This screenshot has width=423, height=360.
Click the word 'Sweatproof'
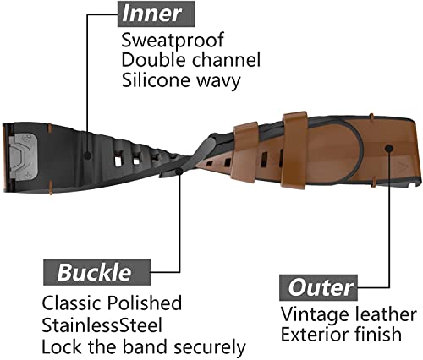(173, 41)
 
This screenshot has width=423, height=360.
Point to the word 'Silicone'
(156, 79)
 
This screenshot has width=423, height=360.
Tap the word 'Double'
(153, 60)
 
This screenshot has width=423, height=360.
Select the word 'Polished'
(145, 303)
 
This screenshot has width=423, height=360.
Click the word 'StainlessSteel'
(102, 325)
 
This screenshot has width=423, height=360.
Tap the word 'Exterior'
(316, 335)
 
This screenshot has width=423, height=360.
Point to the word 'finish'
(378, 334)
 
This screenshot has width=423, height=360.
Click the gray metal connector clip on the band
(25, 155)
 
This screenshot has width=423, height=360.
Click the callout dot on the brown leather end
(389, 148)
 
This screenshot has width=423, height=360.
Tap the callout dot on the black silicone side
(88, 155)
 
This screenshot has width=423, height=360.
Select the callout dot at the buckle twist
(179, 172)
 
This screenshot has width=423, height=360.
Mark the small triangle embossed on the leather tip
(400, 166)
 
